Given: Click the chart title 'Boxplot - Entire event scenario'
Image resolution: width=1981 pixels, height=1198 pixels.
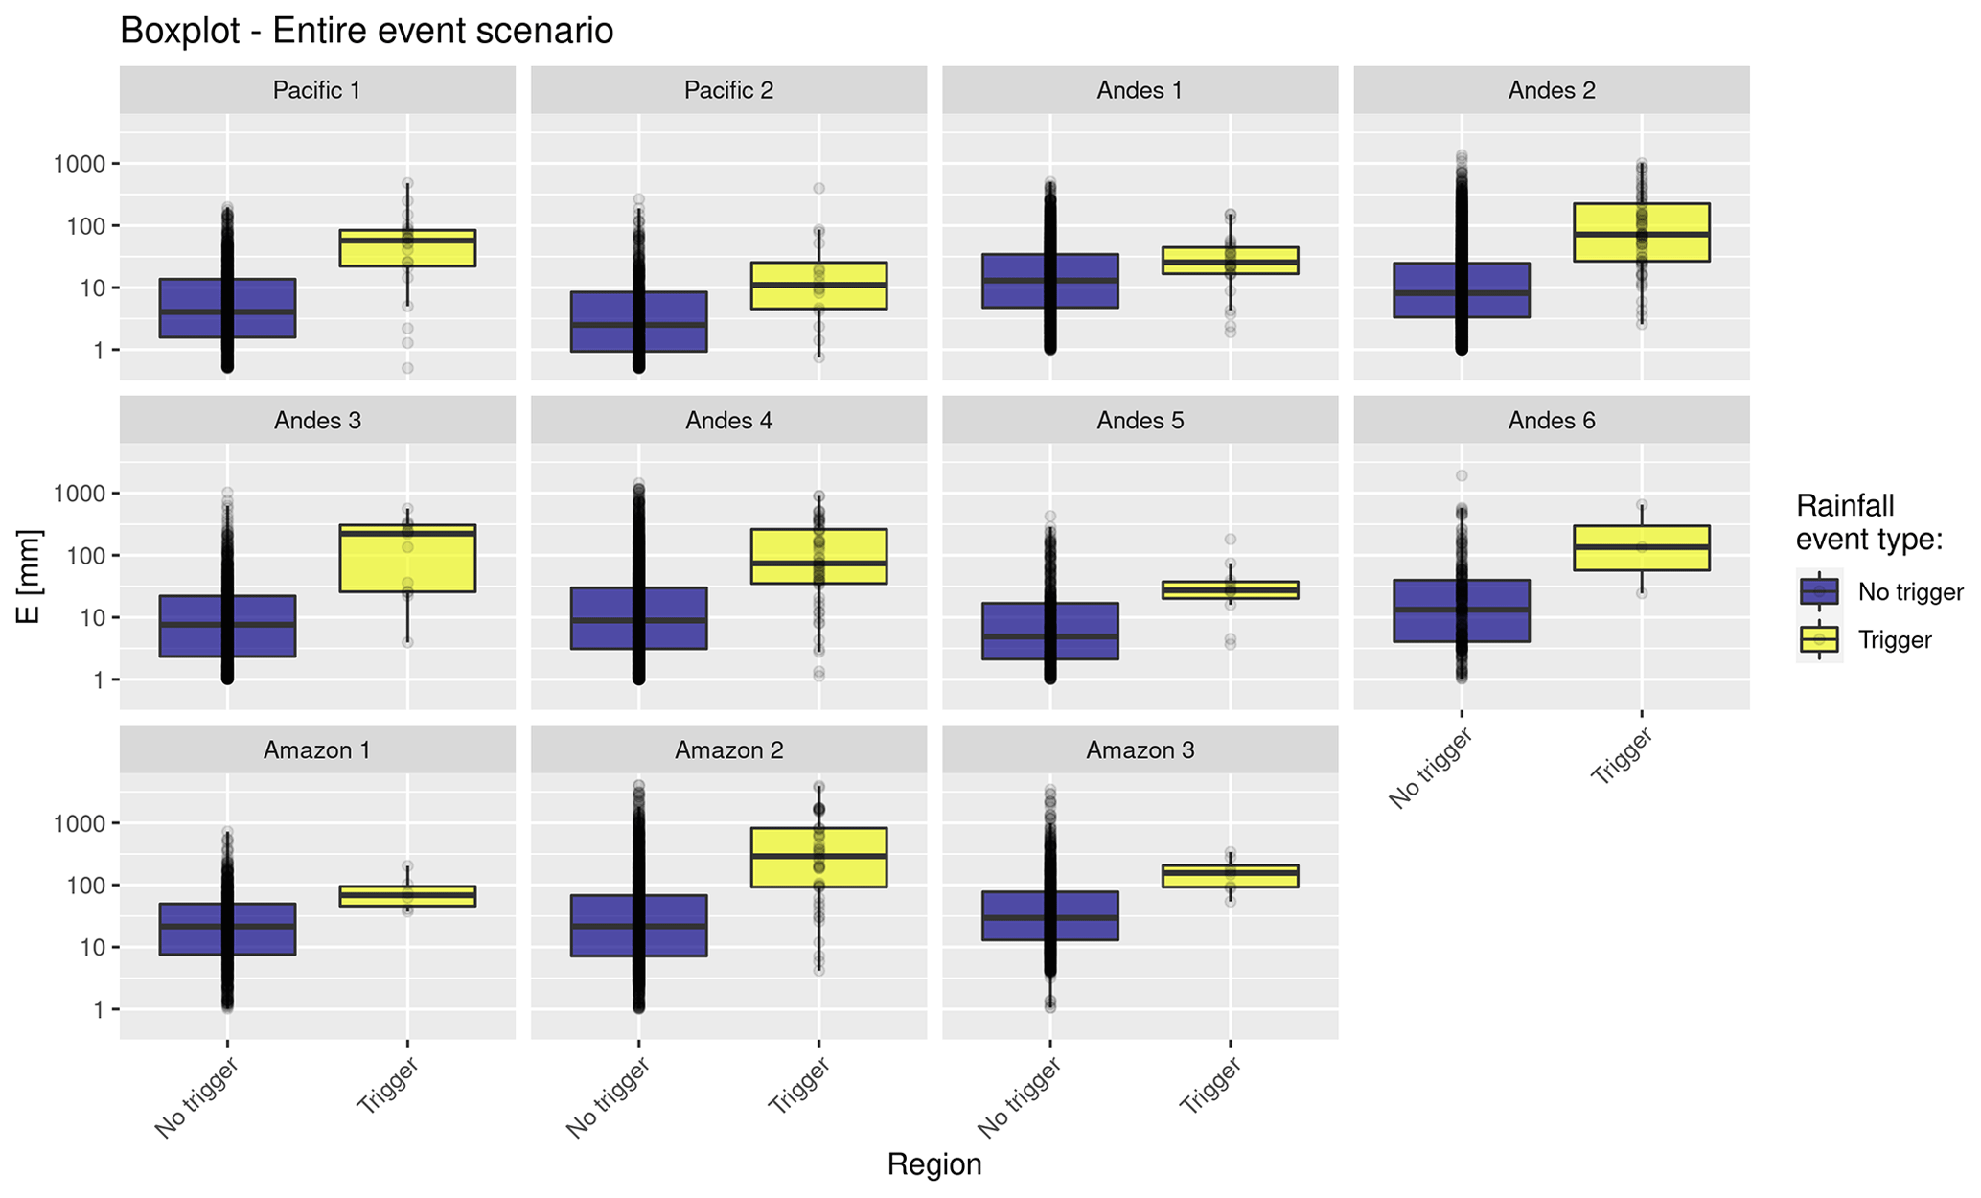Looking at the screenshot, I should click(x=366, y=32).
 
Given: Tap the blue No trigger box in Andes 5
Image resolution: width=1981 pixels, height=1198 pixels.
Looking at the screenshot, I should click(x=1049, y=631).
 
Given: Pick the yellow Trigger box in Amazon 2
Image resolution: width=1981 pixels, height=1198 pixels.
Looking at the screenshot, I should click(x=818, y=857).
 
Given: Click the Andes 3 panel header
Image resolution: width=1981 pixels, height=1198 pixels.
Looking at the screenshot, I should click(x=317, y=420).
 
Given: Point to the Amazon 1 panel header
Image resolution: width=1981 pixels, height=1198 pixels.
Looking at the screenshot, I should click(x=317, y=749).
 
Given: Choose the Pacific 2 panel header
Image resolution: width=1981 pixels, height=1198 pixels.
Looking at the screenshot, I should click(x=728, y=90).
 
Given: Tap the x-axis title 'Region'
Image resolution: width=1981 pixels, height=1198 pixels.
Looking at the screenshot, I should click(x=933, y=1164).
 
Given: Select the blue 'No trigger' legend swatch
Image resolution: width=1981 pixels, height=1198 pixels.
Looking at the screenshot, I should click(x=1818, y=592).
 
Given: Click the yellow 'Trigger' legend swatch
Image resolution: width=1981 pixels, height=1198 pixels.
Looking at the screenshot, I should click(x=1818, y=639).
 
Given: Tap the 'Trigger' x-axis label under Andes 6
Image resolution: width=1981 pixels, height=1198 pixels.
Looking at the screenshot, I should click(x=1622, y=757).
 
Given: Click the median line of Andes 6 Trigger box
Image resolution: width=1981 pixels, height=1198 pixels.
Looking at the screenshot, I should click(x=1641, y=546).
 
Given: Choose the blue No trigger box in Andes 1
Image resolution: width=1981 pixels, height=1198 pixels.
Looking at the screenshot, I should click(x=1049, y=281).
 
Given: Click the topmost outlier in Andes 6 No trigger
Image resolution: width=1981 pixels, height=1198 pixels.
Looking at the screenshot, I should click(x=1461, y=475).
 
